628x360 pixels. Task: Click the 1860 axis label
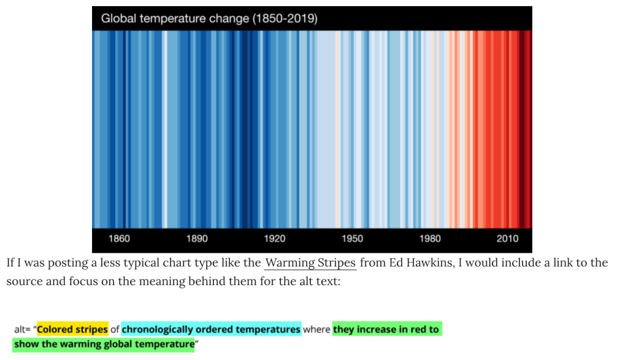tap(119, 239)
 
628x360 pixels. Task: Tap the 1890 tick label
tap(197, 239)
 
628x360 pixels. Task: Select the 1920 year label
tap(275, 239)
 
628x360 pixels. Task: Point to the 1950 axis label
tap(352, 239)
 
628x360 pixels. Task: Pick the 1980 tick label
tap(430, 239)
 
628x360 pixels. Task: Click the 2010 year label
tap(508, 239)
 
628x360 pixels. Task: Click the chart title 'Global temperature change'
tap(175, 18)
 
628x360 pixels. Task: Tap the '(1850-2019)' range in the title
tap(285, 18)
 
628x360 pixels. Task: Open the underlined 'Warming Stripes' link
tap(310, 263)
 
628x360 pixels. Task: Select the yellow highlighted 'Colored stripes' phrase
tap(72, 329)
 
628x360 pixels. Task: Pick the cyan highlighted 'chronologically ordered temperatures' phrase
tap(211, 329)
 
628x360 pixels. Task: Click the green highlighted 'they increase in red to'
tap(386, 329)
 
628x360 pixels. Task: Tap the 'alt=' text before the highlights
tap(23, 329)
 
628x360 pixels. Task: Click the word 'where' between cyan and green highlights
tap(316, 329)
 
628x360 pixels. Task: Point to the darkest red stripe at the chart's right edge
tap(526, 129)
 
